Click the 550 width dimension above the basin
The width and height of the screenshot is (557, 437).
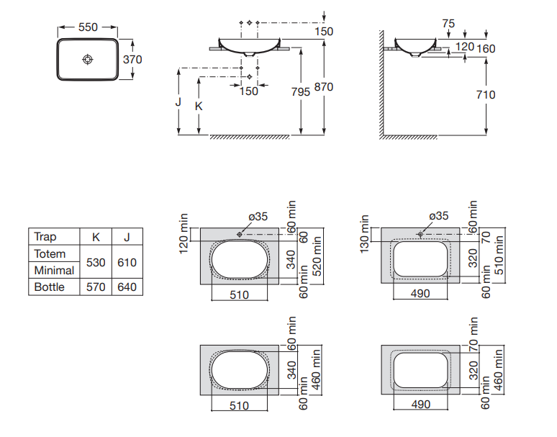pos(87,27)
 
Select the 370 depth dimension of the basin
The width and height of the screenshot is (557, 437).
pos(132,60)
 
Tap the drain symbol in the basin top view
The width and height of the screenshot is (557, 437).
pos(87,59)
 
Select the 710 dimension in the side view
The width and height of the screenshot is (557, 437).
pos(486,94)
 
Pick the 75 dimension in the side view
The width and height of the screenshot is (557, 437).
pos(448,24)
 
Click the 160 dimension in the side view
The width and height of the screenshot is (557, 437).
pos(486,48)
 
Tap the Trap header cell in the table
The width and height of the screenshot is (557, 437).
pos(45,237)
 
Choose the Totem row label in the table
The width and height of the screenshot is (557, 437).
pos(50,253)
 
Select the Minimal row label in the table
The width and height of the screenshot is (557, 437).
pos(54,270)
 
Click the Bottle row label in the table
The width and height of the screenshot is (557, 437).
pos(50,287)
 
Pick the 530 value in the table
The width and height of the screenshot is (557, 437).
pos(96,262)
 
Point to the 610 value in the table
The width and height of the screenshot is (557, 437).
pos(127,262)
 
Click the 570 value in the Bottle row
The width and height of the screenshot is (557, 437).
pos(96,287)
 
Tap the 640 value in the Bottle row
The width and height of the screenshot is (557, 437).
pos(127,287)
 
